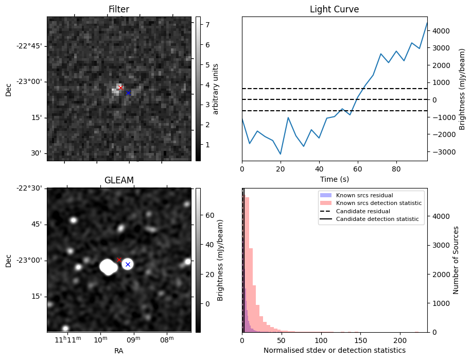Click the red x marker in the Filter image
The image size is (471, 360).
coord(120,88)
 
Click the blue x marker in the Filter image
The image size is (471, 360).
coord(128,93)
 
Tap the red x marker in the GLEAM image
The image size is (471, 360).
coord(119,260)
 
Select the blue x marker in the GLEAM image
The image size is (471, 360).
coord(128,264)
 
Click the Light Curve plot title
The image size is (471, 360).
coord(334,10)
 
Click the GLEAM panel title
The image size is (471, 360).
coord(119,180)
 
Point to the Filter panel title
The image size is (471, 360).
coord(119,10)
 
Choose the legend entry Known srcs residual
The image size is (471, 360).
coord(364,195)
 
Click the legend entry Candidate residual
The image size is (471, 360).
coord(363,211)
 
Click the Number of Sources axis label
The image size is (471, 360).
coord(456,260)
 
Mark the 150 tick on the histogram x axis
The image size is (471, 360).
coord(361,340)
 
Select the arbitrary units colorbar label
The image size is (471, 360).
coord(216,89)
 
